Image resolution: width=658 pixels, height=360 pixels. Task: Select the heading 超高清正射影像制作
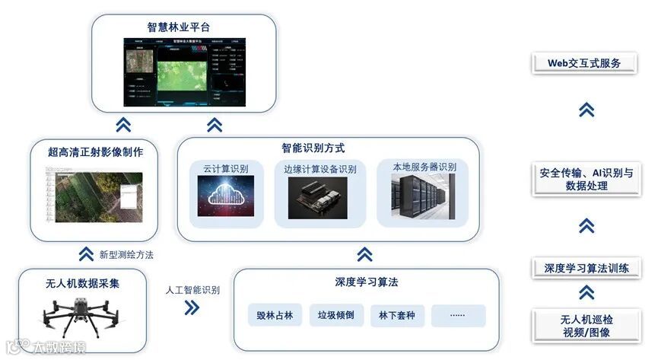(x=95, y=151)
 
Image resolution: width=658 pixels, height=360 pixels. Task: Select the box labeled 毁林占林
(x=275, y=315)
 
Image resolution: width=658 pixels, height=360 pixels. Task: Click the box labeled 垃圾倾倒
(x=336, y=315)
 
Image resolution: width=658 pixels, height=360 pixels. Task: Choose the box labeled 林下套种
(x=397, y=315)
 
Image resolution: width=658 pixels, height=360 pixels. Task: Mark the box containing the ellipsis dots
(x=458, y=315)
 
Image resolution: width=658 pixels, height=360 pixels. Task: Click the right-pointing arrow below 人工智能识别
(x=192, y=307)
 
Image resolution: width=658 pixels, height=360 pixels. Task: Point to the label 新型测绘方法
(x=126, y=254)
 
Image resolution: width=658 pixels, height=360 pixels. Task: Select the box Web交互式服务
(x=584, y=63)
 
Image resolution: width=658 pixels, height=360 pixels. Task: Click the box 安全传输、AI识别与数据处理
(x=586, y=179)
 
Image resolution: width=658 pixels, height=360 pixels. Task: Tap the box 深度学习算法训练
(x=586, y=268)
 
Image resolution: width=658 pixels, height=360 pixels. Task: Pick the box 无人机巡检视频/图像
(x=585, y=326)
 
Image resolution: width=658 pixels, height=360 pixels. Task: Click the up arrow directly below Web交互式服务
(x=586, y=110)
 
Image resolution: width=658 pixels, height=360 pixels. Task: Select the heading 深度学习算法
(x=366, y=282)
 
